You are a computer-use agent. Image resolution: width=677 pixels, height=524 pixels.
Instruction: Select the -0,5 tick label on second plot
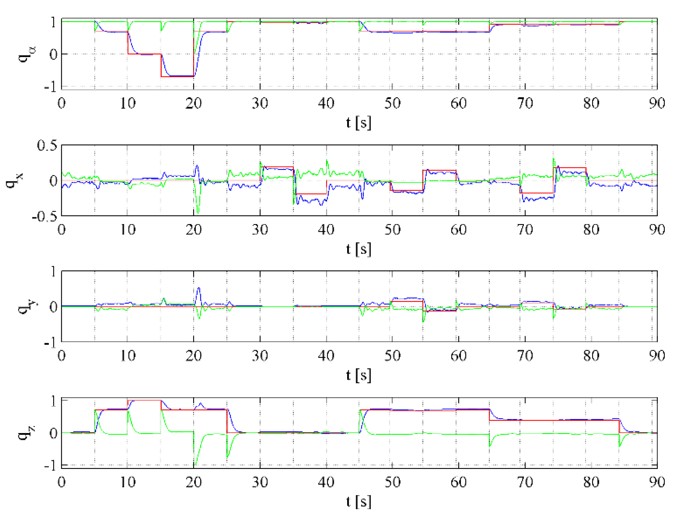45,217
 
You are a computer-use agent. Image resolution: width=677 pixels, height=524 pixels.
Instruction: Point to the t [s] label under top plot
358,123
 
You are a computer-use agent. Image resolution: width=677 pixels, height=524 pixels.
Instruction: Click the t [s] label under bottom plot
358,501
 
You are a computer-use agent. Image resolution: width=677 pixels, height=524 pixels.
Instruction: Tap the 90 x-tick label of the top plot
657,103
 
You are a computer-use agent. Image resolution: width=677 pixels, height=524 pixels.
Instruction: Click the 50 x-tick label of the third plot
392,356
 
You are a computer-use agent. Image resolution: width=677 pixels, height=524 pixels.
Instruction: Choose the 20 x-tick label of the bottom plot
193,482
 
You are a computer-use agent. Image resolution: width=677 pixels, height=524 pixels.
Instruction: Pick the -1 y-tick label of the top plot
51,86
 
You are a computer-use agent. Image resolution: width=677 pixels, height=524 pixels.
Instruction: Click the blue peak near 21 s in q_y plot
199,288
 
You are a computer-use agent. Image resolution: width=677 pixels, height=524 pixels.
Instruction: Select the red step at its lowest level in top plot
177,77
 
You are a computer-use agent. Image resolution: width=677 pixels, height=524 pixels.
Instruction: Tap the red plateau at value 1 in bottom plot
144,400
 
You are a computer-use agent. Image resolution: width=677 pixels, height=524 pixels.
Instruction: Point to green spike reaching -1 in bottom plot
195,464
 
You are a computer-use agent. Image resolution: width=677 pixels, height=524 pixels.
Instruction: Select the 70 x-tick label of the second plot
525,230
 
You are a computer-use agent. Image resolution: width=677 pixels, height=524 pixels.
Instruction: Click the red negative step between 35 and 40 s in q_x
310,194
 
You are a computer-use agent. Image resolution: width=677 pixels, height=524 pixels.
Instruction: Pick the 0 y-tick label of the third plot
53,307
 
